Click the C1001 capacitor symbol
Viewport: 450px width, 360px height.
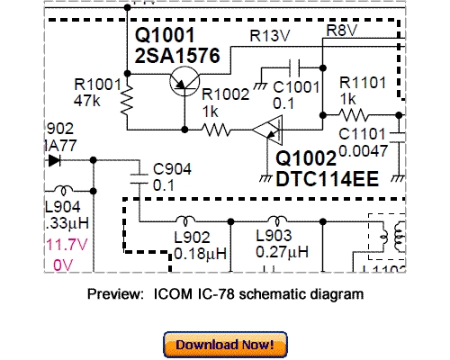(x=294, y=68)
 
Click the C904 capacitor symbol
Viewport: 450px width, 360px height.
(x=141, y=172)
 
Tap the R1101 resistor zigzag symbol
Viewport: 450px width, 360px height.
(x=353, y=114)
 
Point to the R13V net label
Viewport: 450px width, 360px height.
(x=267, y=36)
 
